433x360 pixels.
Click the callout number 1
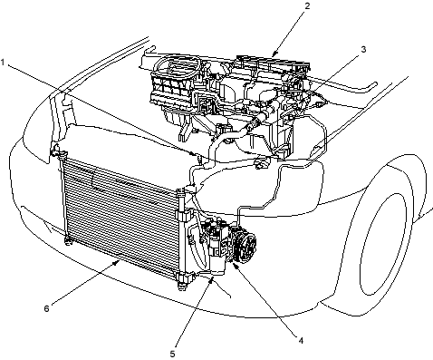(x=3, y=63)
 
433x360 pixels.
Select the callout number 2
(x=307, y=5)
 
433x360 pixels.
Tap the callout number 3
(x=363, y=49)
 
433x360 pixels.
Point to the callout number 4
(x=301, y=341)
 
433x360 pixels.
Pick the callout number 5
(x=172, y=354)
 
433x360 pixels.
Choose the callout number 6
(x=46, y=308)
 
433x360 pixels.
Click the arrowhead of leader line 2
(x=274, y=54)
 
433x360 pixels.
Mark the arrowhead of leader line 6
(x=116, y=263)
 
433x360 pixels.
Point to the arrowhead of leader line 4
(x=235, y=265)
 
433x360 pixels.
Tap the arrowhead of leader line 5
(x=212, y=279)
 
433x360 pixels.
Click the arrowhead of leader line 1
(x=194, y=153)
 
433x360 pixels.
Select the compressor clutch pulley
(x=245, y=242)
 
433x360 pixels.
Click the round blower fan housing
(x=177, y=67)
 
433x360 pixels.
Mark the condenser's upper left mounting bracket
(x=56, y=151)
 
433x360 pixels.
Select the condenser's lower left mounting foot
(x=68, y=241)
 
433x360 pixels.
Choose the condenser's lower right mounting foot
(x=182, y=283)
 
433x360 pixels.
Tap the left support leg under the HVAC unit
(x=184, y=132)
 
